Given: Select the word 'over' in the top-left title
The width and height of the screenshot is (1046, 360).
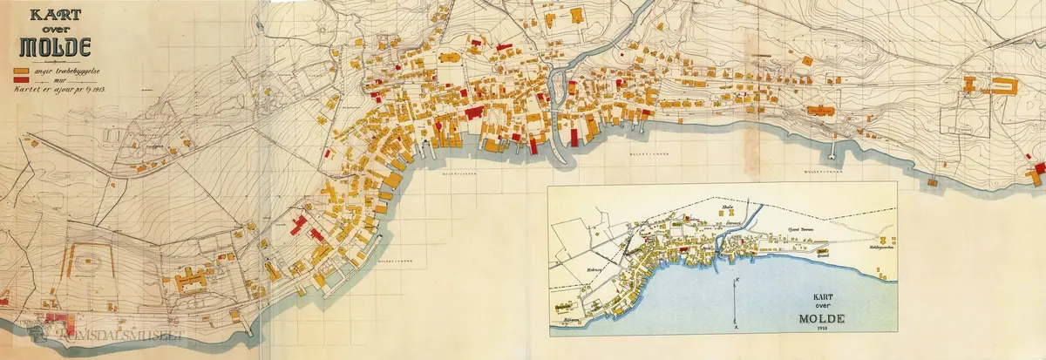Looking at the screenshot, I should [51, 28].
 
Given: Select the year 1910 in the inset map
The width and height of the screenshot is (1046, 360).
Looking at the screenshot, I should [822, 329].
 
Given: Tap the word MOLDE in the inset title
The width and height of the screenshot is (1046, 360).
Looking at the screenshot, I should [822, 317].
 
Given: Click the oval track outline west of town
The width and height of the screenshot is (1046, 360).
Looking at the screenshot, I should [92, 261].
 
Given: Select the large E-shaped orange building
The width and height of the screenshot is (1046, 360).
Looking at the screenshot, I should [191, 281].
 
